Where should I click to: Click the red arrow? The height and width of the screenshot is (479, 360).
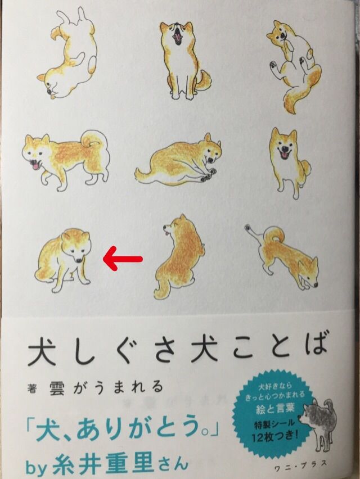point(122,259)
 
